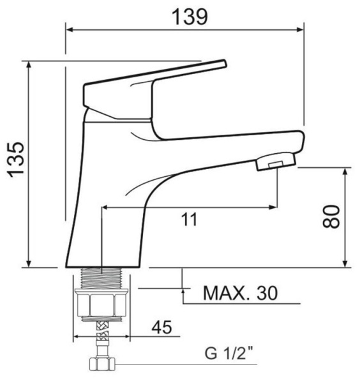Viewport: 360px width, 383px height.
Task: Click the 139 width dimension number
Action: [x=190, y=17]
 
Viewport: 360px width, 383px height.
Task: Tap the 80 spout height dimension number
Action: [x=331, y=216]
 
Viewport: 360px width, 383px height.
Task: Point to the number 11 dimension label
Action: [x=189, y=220]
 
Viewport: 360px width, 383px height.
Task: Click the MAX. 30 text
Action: [x=241, y=293]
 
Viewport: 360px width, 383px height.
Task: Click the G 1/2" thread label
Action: [x=229, y=353]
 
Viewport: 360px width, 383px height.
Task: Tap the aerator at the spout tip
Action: [x=276, y=161]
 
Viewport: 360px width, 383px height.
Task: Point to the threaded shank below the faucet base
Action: [x=101, y=278]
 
